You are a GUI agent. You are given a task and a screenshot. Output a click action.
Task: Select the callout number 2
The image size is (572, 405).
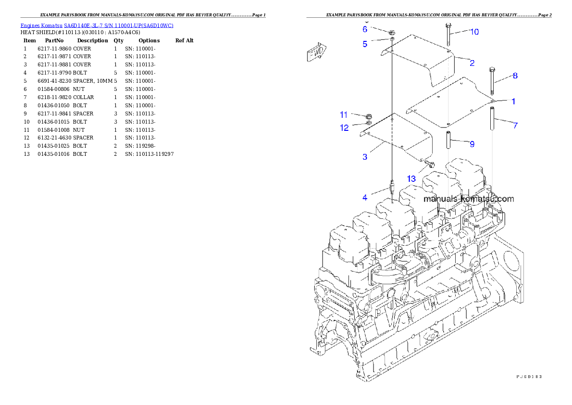[x=472, y=63]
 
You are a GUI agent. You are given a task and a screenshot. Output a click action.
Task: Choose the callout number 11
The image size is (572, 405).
[x=344, y=115]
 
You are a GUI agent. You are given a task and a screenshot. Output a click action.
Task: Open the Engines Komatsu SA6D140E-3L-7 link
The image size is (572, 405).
[x=97, y=25]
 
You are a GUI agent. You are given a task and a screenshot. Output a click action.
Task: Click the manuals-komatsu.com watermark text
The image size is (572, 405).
[x=468, y=199]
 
